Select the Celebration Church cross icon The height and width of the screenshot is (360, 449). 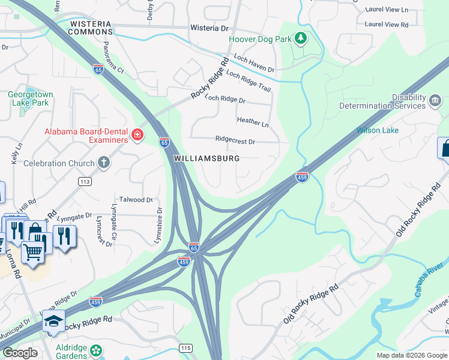pos(104,163)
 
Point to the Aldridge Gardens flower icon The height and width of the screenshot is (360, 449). pos(95,350)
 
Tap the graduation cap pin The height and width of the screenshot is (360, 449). pos(53,323)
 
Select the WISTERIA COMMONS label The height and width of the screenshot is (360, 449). pos(91,28)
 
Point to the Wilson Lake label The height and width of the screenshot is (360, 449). pos(377,130)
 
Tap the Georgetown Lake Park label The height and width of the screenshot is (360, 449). pos(31,98)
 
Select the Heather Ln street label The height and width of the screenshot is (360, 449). pos(253,122)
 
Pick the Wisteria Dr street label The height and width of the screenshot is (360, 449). pos(209,28)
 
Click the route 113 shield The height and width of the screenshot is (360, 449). pos(85,181)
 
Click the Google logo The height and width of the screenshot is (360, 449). pos(20,353)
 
